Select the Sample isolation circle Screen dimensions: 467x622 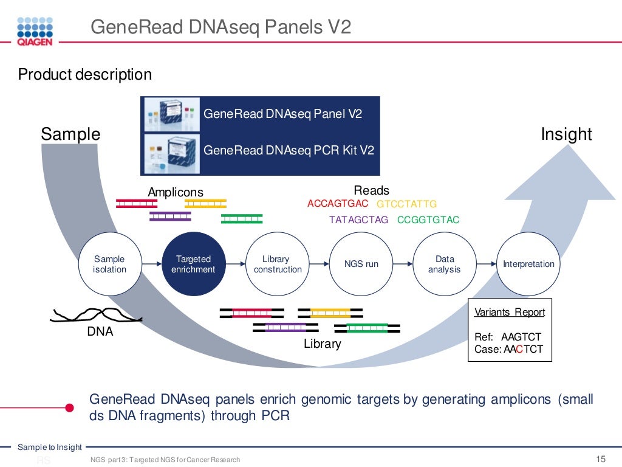(110, 264)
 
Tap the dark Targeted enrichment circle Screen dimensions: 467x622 (195, 264)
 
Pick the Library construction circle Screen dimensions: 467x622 (278, 264)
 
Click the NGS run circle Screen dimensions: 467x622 (361, 264)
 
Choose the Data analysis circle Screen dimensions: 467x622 (445, 264)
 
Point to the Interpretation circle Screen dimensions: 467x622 (528, 264)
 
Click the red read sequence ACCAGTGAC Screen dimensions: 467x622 (338, 204)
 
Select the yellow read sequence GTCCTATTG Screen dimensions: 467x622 (406, 204)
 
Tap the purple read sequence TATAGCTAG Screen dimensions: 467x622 (358, 220)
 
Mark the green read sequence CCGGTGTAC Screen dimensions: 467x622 (428, 220)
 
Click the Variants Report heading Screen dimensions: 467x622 (510, 313)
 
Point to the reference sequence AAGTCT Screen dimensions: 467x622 (521, 337)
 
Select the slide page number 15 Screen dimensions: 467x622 (601, 459)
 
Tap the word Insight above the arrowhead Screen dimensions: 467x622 (566, 134)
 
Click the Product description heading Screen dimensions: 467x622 (85, 75)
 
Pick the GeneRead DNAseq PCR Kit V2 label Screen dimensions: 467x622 (289, 150)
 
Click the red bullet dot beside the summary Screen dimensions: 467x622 (69, 407)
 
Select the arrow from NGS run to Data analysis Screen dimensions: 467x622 (403, 264)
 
